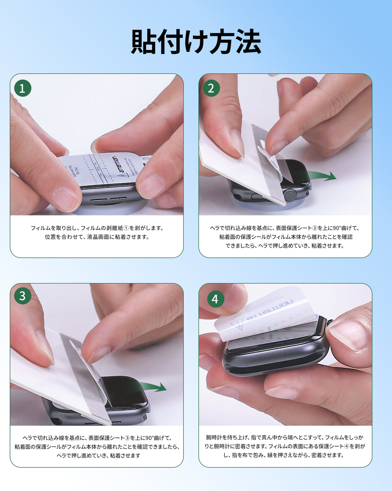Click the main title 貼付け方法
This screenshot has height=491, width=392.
[196, 42]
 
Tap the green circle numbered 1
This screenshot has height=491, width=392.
[23, 88]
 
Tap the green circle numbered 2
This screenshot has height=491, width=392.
[211, 88]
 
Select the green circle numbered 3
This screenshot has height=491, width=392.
[23, 296]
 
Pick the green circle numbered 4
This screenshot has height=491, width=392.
[215, 299]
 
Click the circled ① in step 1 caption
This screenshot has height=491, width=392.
[126, 228]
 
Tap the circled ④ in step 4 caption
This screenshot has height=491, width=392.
[346, 446]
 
